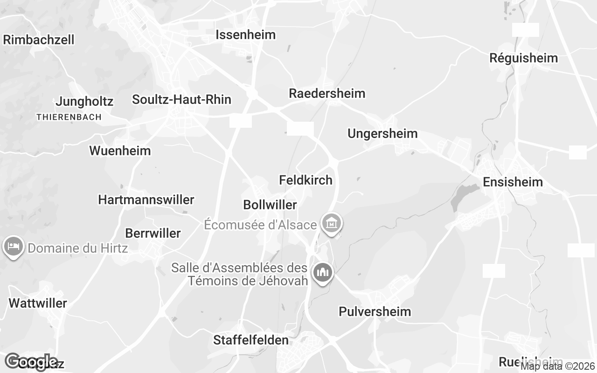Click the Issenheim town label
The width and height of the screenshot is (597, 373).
[x=245, y=35]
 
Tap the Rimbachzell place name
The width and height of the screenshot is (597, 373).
[x=39, y=40]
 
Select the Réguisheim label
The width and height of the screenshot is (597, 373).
[x=523, y=58]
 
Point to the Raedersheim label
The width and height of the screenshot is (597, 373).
[x=327, y=93]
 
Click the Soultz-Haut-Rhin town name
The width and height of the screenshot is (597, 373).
[x=181, y=99]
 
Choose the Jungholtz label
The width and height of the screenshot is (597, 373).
[x=84, y=102]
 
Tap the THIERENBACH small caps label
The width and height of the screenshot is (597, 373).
[x=69, y=117]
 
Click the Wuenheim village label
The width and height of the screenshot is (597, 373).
[x=120, y=151]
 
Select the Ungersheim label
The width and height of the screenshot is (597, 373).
[x=382, y=134]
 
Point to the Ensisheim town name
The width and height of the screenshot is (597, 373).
[x=513, y=182]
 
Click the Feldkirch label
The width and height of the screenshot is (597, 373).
[x=305, y=180]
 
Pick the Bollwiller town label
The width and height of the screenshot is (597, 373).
[x=270, y=205]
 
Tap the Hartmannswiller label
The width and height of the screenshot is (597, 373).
[x=146, y=200]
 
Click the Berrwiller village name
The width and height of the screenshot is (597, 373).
[x=153, y=234]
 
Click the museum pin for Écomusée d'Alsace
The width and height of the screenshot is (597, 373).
[x=332, y=223]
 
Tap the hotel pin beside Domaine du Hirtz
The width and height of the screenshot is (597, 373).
[x=14, y=247]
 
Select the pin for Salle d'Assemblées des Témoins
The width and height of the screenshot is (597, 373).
[x=322, y=272]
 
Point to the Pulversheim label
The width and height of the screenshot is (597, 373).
[x=375, y=312]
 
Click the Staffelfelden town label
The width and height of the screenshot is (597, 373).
[x=251, y=340]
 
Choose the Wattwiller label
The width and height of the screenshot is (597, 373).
[x=38, y=304]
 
